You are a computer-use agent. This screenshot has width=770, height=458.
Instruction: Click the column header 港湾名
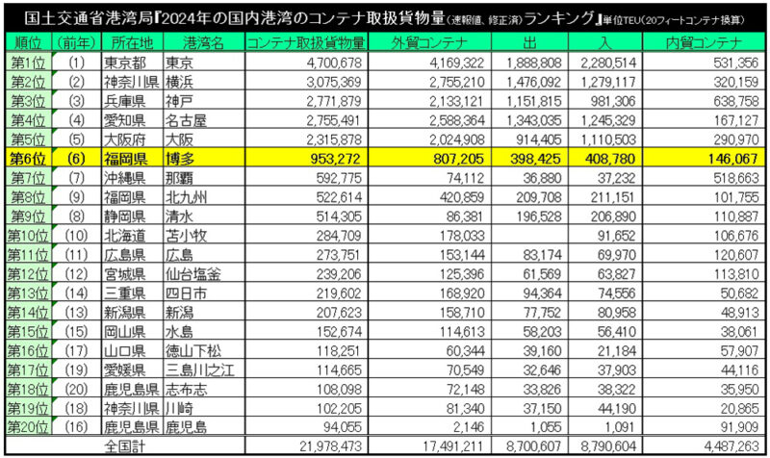pos(203,43)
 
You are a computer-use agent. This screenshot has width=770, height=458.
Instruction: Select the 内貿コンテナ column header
pos(704,43)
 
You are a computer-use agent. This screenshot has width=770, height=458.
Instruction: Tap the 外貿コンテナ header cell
pos(429,43)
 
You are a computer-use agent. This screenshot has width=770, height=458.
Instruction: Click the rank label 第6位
pos(28,159)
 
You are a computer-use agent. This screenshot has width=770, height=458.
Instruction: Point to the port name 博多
pos(180,159)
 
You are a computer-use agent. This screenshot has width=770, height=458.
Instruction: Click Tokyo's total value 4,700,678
pos(334,63)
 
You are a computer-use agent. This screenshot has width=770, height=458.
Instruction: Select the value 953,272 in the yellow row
pos(335,159)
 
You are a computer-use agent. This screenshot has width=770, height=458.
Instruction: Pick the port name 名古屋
pos(186,120)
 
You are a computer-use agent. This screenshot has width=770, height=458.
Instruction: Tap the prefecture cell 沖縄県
pos(125,178)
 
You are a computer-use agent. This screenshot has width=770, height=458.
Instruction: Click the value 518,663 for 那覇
pos(736,178)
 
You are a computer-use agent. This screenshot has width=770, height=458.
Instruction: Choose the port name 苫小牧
pos(186,236)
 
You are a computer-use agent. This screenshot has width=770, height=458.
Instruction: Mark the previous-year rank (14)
pos(76,293)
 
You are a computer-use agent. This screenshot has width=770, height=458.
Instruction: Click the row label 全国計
pos(125,446)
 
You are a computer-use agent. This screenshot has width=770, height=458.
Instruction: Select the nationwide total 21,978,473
pos(330,446)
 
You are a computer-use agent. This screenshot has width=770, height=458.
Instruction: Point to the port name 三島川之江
pos(199,369)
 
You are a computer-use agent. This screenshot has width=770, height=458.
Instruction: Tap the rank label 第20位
pos(28,427)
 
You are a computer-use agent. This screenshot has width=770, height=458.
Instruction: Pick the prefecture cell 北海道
pos(125,236)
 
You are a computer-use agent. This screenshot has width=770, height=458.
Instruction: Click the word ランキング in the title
pos(559,18)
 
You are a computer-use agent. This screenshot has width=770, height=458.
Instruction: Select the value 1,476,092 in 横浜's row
pos(534,82)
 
